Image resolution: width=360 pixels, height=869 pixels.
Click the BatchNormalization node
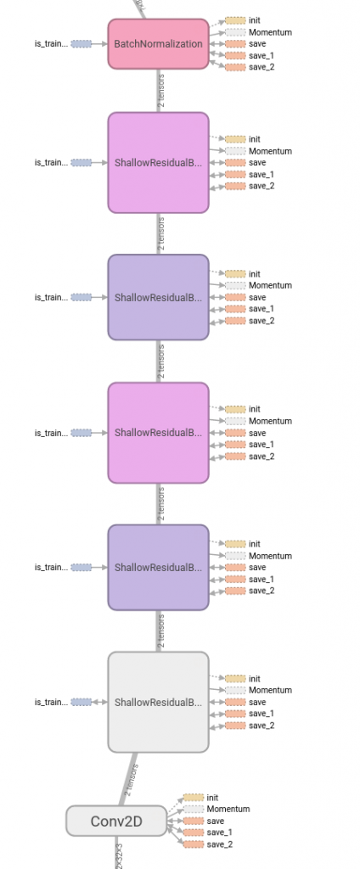tap(158, 43)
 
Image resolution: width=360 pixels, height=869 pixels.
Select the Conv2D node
tap(116, 821)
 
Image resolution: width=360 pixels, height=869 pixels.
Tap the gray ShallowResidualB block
tap(158, 702)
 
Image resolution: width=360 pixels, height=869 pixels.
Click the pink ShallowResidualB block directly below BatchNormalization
tap(158, 162)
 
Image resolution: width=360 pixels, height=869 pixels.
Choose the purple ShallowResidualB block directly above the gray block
tap(158, 567)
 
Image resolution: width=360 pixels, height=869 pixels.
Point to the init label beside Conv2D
tap(212, 798)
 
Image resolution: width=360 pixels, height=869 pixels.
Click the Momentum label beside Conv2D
tap(227, 810)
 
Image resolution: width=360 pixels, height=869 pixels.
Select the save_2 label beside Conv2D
tap(219, 844)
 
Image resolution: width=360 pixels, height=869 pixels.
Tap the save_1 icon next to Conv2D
tap(194, 833)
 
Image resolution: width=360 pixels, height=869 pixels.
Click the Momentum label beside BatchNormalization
tap(269, 32)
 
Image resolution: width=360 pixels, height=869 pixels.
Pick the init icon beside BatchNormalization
tap(235, 20)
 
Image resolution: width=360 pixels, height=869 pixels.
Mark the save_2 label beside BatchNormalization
tap(262, 67)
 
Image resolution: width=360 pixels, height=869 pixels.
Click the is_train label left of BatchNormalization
tap(51, 43)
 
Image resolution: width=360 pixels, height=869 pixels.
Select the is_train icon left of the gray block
tap(82, 702)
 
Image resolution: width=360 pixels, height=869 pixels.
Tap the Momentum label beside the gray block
tap(269, 691)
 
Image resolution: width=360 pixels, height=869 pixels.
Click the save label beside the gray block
tap(256, 703)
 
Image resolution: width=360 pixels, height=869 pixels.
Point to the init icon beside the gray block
tap(235, 679)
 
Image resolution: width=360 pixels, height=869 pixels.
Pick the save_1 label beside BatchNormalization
tap(262, 55)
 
